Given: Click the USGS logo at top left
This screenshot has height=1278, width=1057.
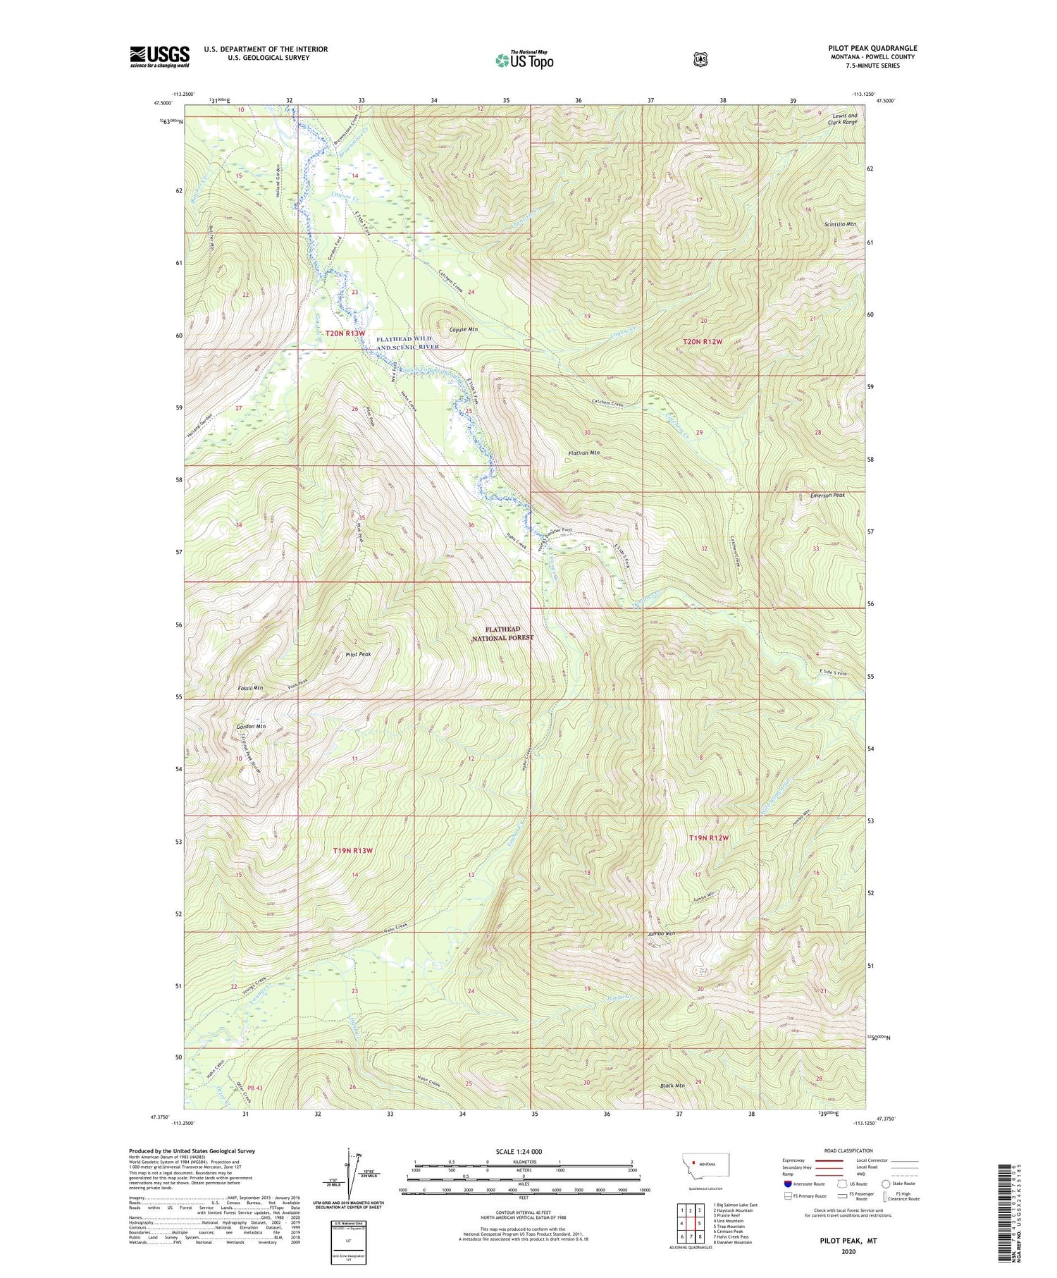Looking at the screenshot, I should click(159, 56).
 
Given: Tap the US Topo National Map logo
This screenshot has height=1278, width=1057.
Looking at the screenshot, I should click(524, 60).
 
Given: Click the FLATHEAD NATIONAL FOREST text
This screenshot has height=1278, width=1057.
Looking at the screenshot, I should click(502, 633).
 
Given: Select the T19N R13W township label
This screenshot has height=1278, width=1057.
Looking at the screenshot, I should click(352, 851).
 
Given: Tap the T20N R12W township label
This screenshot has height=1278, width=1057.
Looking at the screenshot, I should click(703, 342).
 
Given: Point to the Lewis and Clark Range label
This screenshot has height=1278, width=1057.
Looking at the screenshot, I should click(842, 118).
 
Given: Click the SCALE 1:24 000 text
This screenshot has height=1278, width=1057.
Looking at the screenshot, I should click(519, 1151).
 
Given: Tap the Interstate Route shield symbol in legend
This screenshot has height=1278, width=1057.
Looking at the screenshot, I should click(787, 1184).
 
